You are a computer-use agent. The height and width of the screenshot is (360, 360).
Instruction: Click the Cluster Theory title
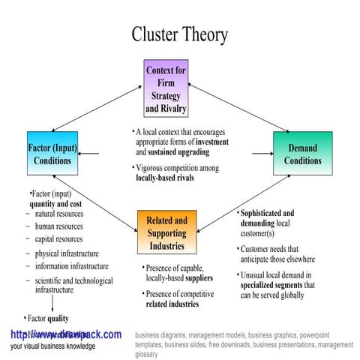[x=180, y=34]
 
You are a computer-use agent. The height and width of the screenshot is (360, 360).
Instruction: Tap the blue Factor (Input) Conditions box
[x=52, y=154]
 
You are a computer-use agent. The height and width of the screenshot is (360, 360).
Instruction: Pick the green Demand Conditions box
[x=302, y=154]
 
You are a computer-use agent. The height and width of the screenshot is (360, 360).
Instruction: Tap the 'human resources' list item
[x=58, y=226]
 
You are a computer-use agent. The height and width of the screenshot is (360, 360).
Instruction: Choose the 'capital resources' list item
[x=58, y=239]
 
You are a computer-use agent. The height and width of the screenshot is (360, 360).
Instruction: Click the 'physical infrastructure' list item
[x=66, y=253]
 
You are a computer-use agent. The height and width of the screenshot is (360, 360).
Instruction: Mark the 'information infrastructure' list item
[x=71, y=266]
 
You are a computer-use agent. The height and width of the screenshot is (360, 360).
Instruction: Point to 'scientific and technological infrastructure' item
[x=73, y=285]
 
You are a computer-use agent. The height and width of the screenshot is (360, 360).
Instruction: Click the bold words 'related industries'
[x=172, y=304]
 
